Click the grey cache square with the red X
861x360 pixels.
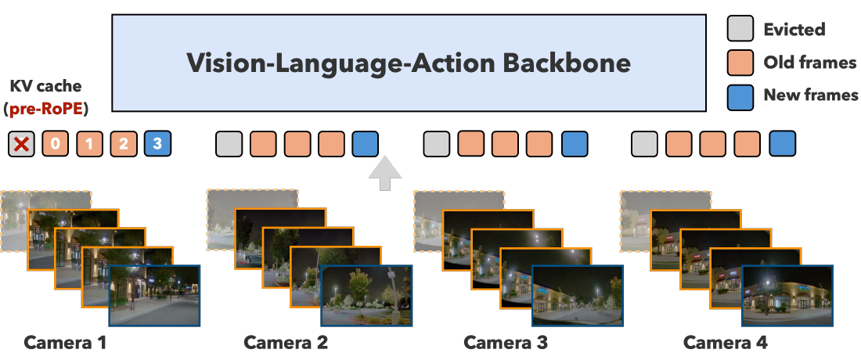pos(21,144)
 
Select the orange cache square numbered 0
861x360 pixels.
pos(56,144)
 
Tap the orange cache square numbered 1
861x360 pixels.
pos(89,144)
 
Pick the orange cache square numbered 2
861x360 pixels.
pos(124,144)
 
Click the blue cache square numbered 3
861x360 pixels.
pos(157,144)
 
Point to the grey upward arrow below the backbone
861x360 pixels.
pos(385,174)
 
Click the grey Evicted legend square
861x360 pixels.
pos(740,28)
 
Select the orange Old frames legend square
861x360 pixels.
pos(740,63)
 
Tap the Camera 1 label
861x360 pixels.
pos(65,343)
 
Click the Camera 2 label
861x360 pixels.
pos(286,343)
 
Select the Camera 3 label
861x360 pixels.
pos(506,343)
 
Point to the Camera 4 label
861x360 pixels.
pos(726,343)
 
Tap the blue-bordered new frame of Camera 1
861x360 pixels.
pos(154,296)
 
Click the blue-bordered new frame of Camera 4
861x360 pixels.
pos(787,296)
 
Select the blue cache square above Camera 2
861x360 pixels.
pos(366,144)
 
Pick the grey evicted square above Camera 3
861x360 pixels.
pos(437,144)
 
